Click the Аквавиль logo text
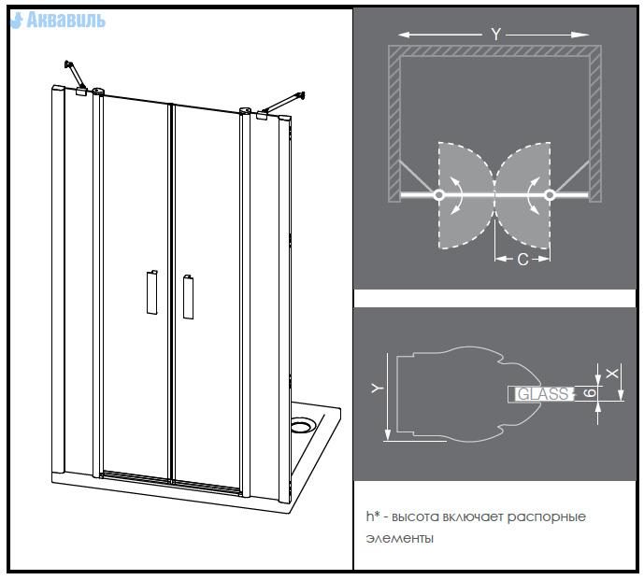click(62, 20)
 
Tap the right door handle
click(188, 296)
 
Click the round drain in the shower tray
click(302, 426)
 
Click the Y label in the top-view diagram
click(495, 34)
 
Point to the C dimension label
click(522, 259)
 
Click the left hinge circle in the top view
click(438, 194)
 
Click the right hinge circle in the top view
click(550, 194)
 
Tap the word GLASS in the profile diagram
click(543, 394)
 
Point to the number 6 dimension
click(592, 394)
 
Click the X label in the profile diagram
click(612, 373)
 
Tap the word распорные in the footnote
click(556, 516)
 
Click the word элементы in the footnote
click(400, 539)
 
